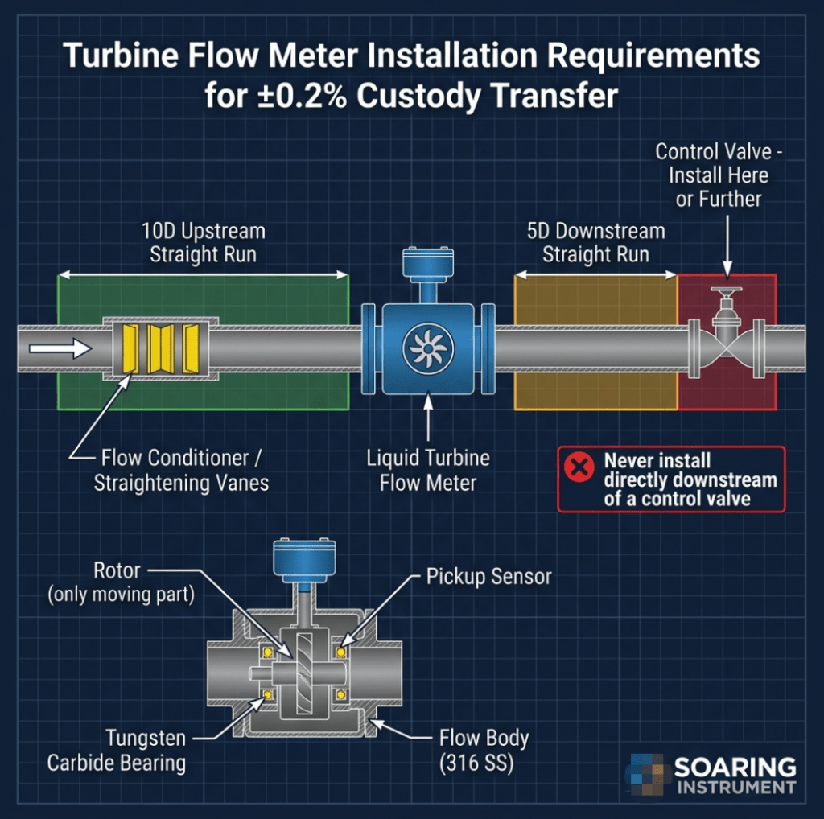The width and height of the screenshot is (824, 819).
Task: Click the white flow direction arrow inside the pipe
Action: [x=60, y=348]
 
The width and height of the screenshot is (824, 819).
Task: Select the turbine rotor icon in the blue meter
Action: [x=428, y=348]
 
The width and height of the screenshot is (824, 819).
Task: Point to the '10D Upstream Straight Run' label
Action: [x=203, y=244]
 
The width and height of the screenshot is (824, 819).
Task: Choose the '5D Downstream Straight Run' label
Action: [x=595, y=244]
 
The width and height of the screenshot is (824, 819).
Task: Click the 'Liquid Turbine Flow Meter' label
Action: [x=428, y=471]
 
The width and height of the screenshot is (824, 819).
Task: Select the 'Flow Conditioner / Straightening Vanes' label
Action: [x=180, y=471]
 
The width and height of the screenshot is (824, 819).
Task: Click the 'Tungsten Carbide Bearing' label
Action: [x=116, y=750]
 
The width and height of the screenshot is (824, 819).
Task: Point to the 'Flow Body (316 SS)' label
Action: [x=484, y=750]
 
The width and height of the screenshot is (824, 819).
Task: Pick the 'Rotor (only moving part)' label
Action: [x=118, y=583]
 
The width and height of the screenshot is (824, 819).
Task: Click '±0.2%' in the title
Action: [x=305, y=95]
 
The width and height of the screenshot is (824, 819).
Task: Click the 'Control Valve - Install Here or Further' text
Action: [x=711, y=175]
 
